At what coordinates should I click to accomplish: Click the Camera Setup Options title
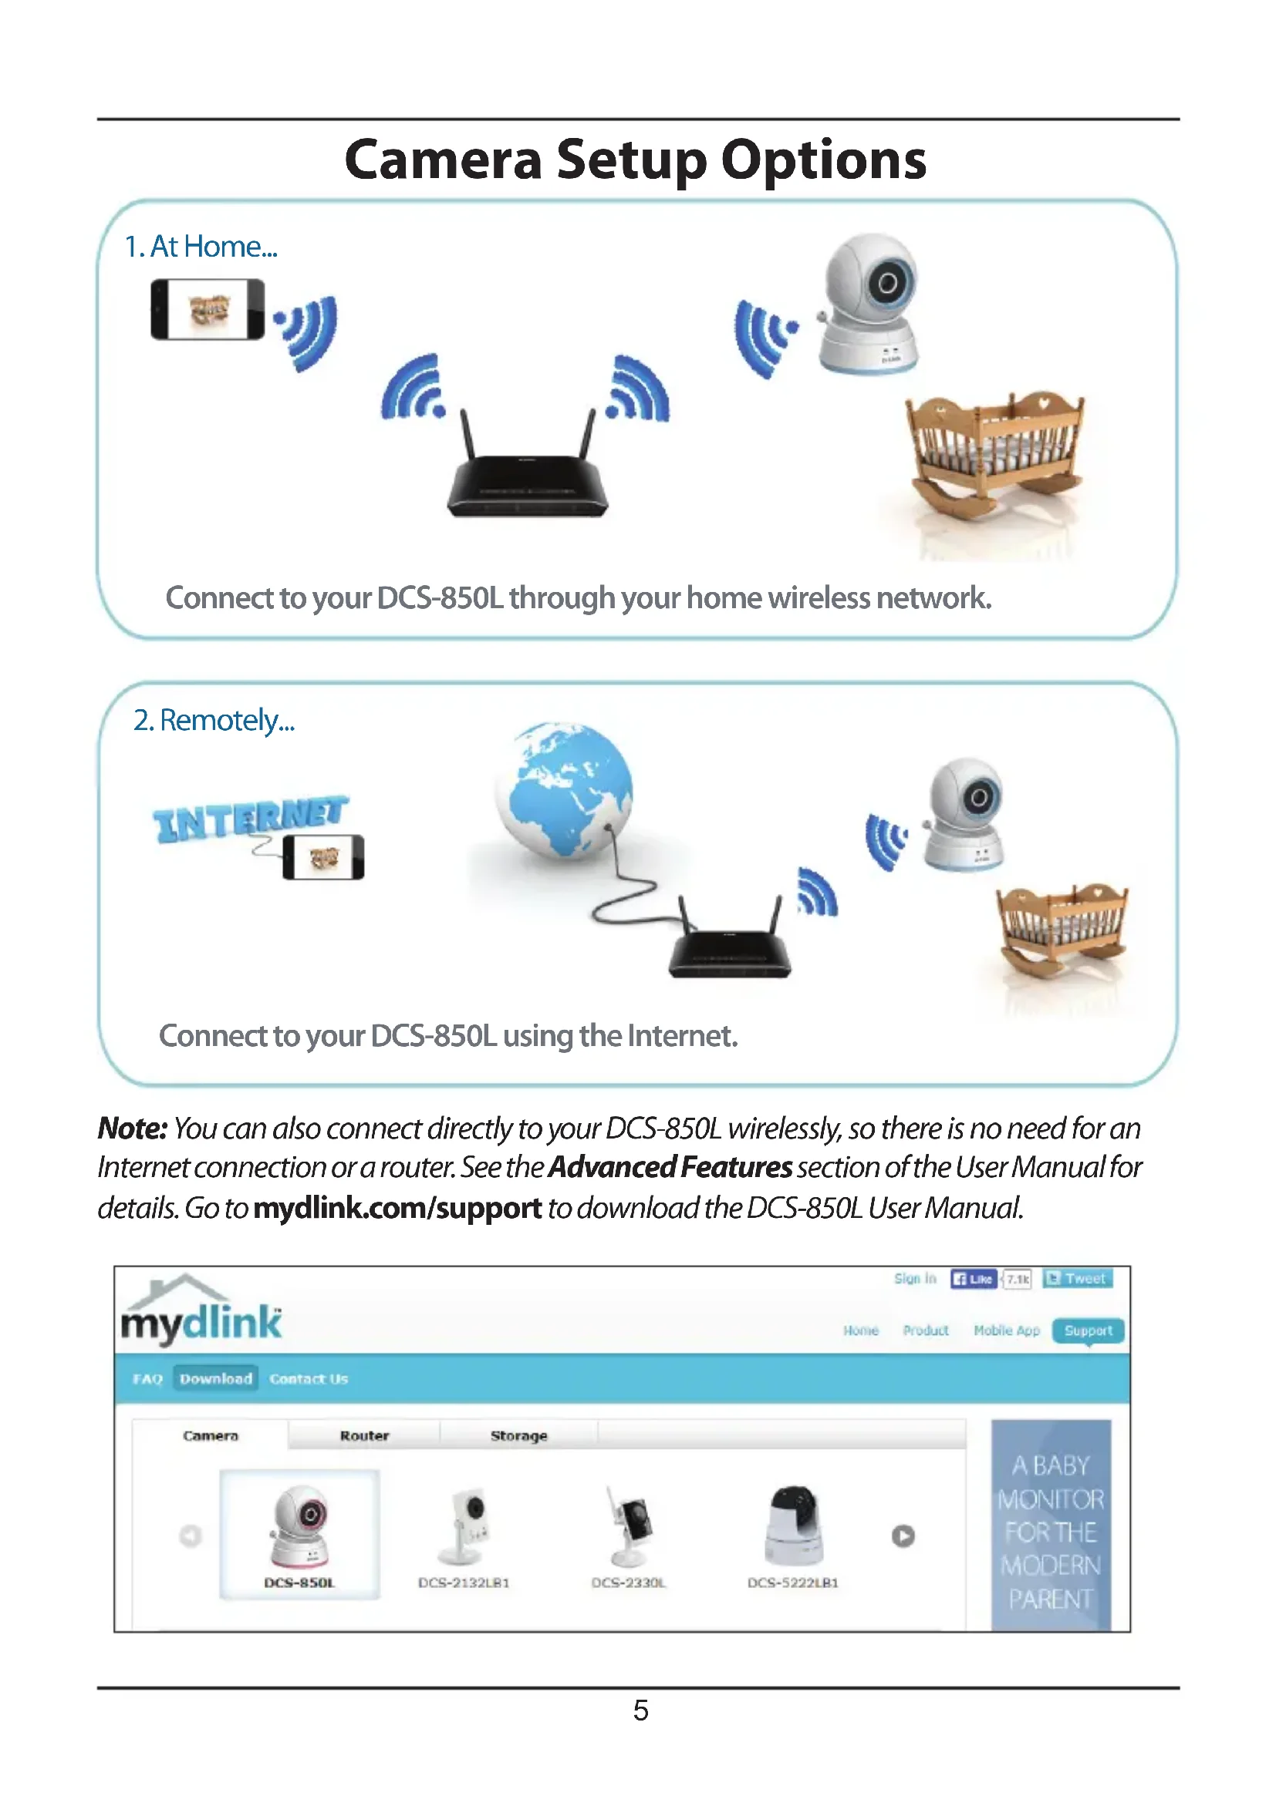tap(636, 160)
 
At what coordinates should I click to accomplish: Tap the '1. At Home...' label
tap(201, 247)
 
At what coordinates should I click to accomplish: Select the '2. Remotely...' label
tap(214, 720)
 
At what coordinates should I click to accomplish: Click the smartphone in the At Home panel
tap(208, 309)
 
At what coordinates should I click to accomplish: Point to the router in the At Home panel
tap(527, 479)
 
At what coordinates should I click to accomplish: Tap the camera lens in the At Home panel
tap(888, 283)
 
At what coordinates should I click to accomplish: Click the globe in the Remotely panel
tap(564, 789)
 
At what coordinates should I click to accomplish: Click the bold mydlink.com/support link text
tap(397, 1208)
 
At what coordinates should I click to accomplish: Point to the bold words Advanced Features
tap(670, 1168)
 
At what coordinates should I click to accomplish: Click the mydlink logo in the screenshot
tap(201, 1314)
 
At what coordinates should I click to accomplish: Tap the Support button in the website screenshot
tap(1089, 1330)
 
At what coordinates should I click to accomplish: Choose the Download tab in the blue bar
tap(216, 1378)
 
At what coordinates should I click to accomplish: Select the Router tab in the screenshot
tap(365, 1435)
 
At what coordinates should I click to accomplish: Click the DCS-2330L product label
tap(629, 1583)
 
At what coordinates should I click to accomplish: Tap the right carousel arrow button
tap(903, 1536)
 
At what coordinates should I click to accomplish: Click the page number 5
tap(640, 1710)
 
